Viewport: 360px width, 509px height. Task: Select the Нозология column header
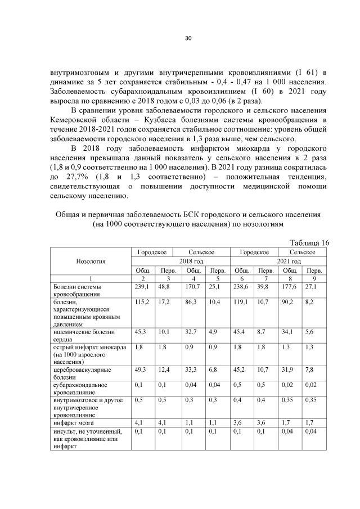pos(91,261)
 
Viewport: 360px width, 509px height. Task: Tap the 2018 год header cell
pos(179,261)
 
